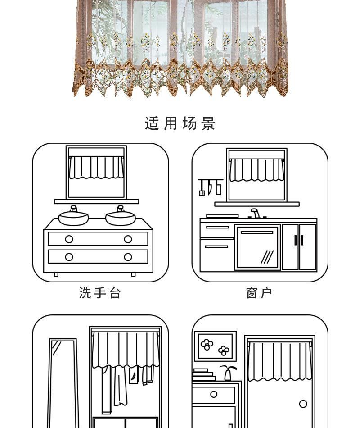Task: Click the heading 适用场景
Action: click(180, 123)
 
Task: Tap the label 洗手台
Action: click(100, 293)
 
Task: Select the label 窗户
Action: click(259, 293)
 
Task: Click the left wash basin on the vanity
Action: click(74, 218)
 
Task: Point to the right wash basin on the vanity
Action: click(120, 218)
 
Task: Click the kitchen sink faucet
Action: click(255, 213)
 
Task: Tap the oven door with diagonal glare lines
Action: click(257, 248)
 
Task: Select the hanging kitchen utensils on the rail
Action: click(210, 187)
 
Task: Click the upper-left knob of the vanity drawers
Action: click(69, 239)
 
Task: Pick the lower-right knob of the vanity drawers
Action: click(128, 257)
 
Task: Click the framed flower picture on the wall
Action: click(215, 346)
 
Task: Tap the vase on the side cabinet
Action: click(228, 373)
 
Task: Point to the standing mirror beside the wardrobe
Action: click(63, 383)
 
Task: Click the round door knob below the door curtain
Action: click(303, 404)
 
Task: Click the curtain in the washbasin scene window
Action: click(96, 167)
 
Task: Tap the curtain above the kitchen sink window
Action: click(256, 170)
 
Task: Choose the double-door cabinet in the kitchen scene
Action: click(299, 247)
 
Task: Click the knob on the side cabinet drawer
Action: click(214, 395)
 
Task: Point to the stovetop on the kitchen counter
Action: click(222, 216)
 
